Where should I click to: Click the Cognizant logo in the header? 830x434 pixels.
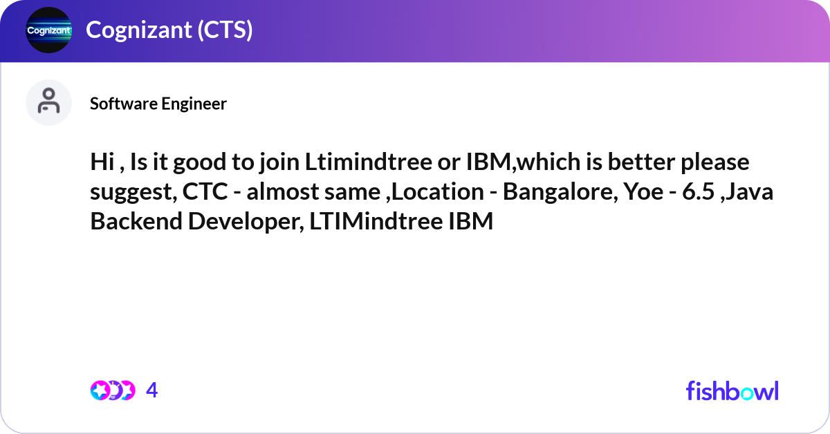click(x=48, y=30)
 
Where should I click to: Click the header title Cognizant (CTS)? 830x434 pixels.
click(x=169, y=30)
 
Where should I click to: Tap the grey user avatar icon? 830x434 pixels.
click(x=48, y=102)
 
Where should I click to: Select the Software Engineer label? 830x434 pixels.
click(x=158, y=104)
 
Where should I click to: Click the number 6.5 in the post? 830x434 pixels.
click(x=699, y=192)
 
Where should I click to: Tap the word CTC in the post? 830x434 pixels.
click(x=204, y=192)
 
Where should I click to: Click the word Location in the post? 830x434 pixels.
click(x=436, y=192)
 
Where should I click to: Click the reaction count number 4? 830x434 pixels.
click(x=152, y=390)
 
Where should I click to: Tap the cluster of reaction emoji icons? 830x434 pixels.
click(x=113, y=390)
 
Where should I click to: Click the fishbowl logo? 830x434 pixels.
click(x=732, y=390)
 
